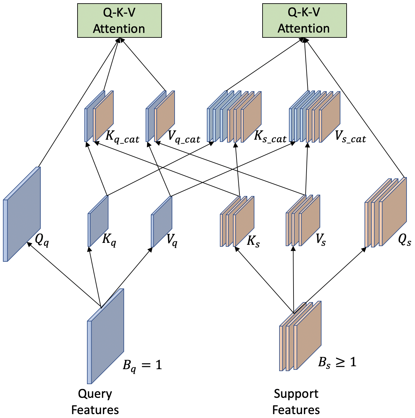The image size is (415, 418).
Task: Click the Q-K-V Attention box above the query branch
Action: (x=119, y=21)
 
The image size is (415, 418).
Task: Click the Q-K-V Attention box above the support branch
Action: (x=304, y=21)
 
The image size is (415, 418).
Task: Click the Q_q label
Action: (x=42, y=240)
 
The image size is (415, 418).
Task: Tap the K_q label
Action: (x=109, y=240)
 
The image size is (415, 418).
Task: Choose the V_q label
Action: (x=172, y=240)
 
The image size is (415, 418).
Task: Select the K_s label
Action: (x=253, y=241)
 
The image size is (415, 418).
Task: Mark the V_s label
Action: (x=321, y=240)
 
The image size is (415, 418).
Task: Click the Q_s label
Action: (x=404, y=240)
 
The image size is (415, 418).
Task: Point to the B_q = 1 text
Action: (x=142, y=365)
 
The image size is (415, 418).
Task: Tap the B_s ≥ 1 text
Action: (x=337, y=362)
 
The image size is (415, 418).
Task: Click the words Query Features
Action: (x=95, y=402)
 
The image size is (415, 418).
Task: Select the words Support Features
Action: (x=296, y=402)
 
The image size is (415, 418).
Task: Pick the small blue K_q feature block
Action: (x=99, y=221)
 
